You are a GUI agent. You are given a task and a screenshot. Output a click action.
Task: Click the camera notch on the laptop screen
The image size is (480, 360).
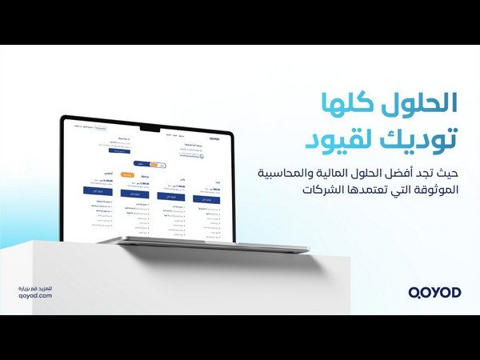point(150,127)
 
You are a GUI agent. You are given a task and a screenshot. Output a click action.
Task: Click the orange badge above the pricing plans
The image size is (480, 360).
point(126,174)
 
